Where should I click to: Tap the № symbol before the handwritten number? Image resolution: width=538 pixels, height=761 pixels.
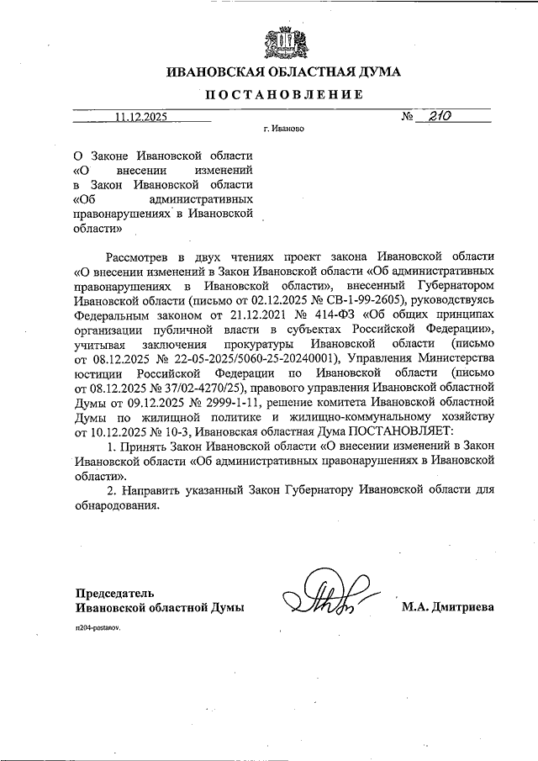pyautogui.click(x=409, y=119)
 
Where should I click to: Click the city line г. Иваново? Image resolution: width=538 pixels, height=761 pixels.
pyautogui.click(x=282, y=130)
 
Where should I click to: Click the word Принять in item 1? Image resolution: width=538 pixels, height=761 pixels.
pyautogui.click(x=145, y=447)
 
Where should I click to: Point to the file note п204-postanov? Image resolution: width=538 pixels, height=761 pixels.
pyautogui.click(x=98, y=629)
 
